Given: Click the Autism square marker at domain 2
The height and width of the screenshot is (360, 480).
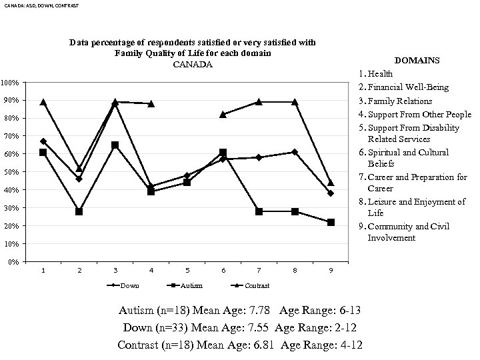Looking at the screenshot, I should (79, 211).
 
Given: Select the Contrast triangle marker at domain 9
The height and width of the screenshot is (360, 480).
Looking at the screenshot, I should (331, 183).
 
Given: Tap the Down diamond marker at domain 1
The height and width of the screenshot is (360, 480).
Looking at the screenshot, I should (43, 141).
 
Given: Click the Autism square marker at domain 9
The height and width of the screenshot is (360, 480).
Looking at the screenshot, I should (331, 222).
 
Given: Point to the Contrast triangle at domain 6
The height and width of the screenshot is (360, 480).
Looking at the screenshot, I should (223, 115).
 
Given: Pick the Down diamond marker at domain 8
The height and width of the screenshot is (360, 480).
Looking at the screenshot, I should (295, 152).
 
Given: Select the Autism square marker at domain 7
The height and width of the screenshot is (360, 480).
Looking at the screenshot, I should (259, 211).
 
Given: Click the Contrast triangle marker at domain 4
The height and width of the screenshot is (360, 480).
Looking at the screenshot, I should (151, 104).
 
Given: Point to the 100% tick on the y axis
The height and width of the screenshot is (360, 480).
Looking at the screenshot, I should (10, 83).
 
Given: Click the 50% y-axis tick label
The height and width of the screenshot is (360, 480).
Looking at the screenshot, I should (10, 172).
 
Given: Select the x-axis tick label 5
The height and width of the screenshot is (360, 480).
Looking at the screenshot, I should (187, 271).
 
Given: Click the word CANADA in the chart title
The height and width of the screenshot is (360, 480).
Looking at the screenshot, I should (193, 65).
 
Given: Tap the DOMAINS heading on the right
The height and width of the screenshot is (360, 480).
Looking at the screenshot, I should (417, 61).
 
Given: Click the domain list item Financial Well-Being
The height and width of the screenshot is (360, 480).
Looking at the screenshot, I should (408, 87).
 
